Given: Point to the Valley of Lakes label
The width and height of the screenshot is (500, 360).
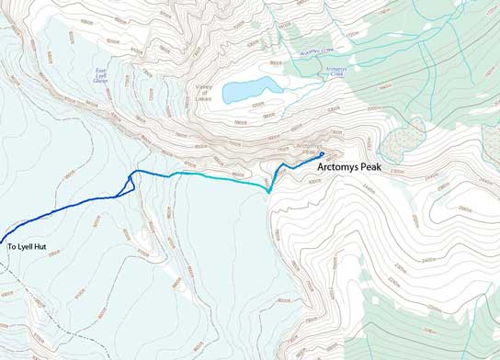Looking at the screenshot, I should [x=203, y=92].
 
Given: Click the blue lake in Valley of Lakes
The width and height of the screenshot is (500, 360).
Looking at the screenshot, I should [x=253, y=89].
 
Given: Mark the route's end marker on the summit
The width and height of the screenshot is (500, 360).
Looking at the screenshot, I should [x=323, y=153].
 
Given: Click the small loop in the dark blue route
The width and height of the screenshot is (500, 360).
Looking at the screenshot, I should [x=130, y=183].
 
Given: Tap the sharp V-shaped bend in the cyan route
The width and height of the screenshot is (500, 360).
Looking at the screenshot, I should [x=267, y=190].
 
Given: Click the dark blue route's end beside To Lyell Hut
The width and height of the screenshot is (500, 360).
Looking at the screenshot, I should [x=2, y=236].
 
